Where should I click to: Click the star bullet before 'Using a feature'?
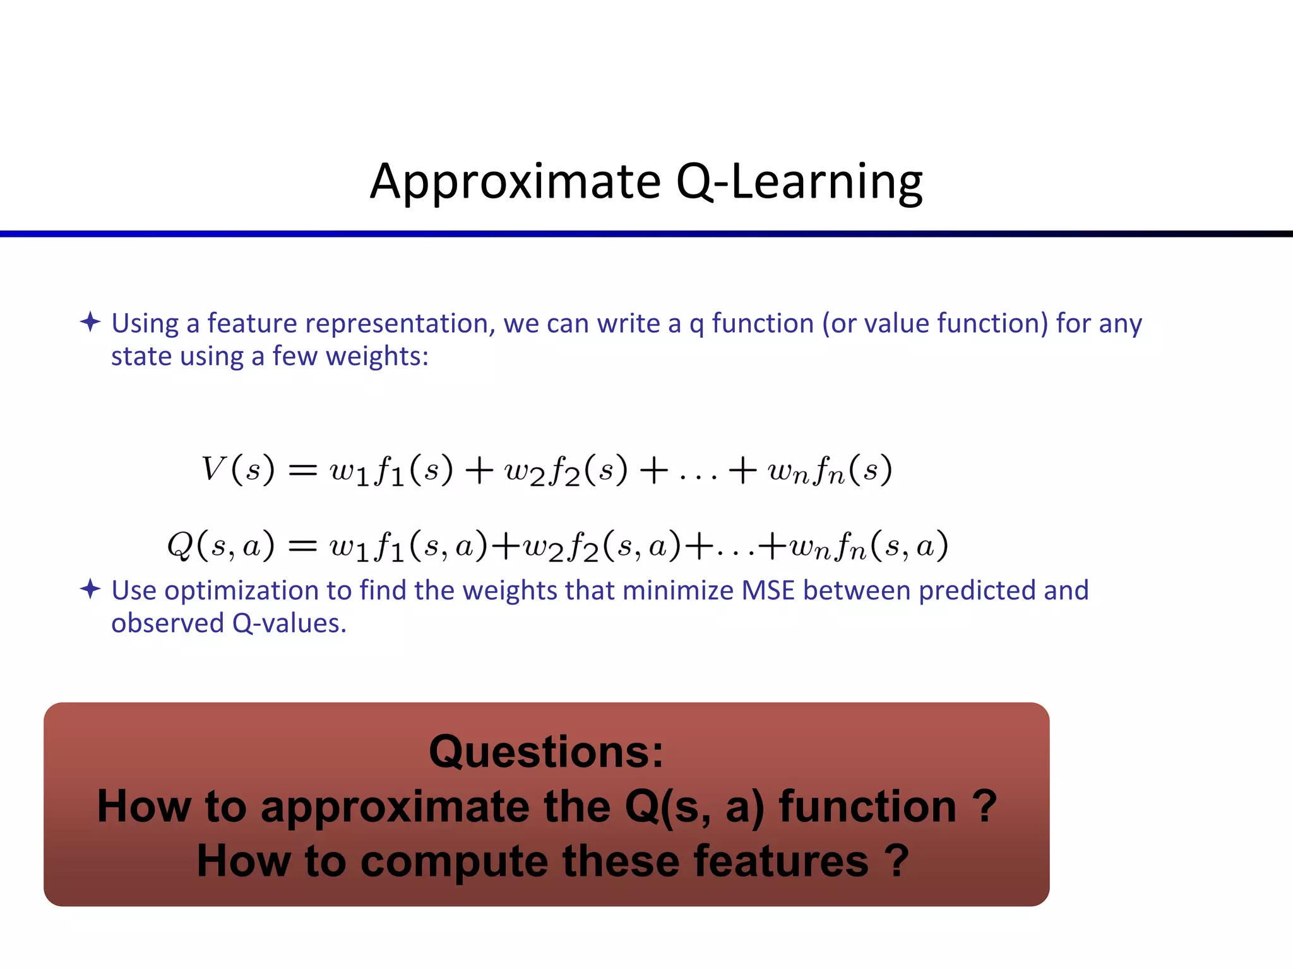pos(90,322)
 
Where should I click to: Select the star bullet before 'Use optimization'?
pos(90,589)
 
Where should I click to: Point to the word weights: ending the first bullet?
pos(377,356)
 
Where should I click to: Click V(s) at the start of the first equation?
pos(237,470)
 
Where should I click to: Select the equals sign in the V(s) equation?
pos(302,470)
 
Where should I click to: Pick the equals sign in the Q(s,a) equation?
pos(302,546)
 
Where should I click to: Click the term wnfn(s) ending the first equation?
pos(829,470)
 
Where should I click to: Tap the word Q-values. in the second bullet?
pos(289,623)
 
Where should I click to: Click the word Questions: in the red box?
pos(546,751)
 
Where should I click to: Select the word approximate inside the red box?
pos(395,806)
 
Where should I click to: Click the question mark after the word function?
pos(984,806)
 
